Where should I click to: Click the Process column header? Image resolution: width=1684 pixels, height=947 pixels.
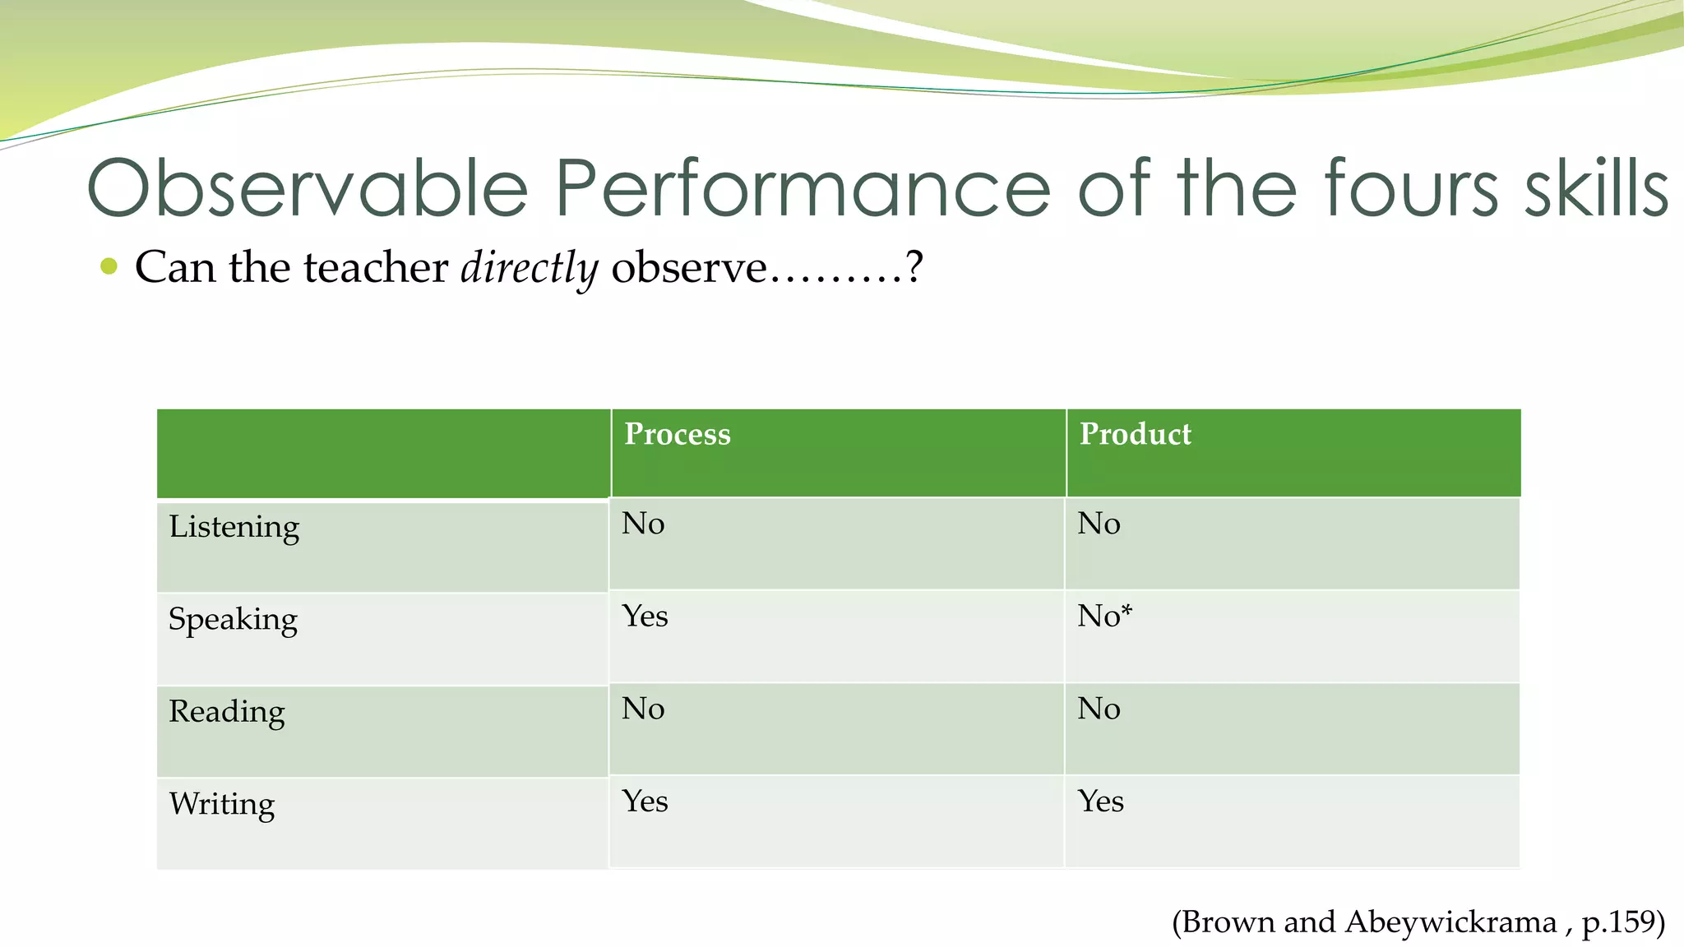tap(677, 435)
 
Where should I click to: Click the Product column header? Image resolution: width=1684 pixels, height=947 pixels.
tap(1135, 435)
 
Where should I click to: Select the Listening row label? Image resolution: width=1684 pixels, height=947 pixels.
tap(234, 527)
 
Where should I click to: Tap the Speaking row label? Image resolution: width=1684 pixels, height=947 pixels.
tap(233, 620)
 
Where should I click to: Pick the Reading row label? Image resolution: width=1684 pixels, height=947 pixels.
tap(227, 712)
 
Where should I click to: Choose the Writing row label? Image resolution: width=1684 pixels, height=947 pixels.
tap(222, 804)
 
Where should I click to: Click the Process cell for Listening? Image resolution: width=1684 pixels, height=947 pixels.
tap(643, 524)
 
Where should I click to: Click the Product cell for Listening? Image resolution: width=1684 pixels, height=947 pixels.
tap(1099, 524)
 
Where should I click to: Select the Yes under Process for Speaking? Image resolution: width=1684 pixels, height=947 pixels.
tap(645, 617)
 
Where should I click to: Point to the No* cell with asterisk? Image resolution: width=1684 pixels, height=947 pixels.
tap(1104, 617)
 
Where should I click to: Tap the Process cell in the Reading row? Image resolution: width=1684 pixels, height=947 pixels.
tap(643, 709)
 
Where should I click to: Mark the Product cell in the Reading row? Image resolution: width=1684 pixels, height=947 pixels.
tap(1099, 709)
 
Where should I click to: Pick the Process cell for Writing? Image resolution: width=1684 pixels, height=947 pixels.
tap(645, 801)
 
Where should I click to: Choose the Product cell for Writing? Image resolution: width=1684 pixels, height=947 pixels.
tap(1100, 801)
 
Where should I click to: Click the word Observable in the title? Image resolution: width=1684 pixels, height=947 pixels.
tap(308, 188)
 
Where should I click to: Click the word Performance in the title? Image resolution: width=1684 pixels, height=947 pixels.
tap(803, 188)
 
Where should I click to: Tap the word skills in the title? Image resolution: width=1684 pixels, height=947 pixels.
tap(1596, 188)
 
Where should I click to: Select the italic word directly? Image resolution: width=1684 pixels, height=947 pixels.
tap(530, 268)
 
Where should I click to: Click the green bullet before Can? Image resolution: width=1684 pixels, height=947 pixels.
tap(109, 266)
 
